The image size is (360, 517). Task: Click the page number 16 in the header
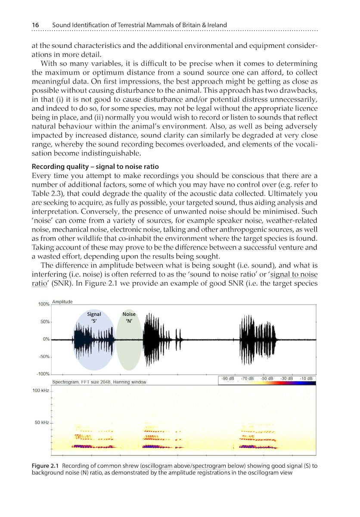(36, 25)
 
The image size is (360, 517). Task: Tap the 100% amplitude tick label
(43, 304)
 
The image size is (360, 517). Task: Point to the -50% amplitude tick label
(43, 357)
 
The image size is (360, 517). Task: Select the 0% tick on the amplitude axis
(46, 339)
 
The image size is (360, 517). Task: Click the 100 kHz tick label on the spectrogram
(41, 390)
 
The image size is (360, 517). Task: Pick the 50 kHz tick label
(42, 423)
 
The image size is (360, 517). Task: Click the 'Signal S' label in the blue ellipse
(94, 318)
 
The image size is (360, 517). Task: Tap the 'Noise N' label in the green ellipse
(129, 318)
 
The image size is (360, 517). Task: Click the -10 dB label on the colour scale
(306, 378)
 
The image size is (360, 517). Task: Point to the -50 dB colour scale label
(267, 378)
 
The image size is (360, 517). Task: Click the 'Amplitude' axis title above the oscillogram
(62, 302)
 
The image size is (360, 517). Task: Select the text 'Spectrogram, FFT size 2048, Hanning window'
(99, 382)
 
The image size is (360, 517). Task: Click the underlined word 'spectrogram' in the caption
(211, 466)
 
